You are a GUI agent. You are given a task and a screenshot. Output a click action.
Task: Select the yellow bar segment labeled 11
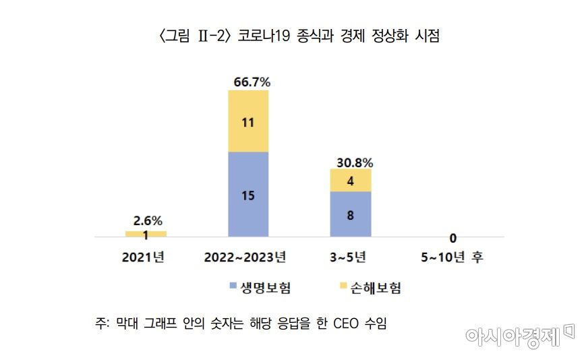[x=248, y=121]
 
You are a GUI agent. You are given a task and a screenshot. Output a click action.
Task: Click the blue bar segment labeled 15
[x=248, y=194]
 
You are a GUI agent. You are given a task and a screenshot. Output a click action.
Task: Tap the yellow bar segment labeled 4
[x=351, y=181]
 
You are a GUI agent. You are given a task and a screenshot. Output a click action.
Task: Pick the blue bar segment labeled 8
[x=351, y=214]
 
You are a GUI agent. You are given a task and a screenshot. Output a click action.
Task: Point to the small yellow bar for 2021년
[x=146, y=234]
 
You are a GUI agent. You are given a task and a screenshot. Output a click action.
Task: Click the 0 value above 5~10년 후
[x=453, y=237]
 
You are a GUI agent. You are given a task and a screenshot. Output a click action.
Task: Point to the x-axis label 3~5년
[x=350, y=257]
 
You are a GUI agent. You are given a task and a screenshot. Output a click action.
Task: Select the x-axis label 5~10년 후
[x=453, y=257]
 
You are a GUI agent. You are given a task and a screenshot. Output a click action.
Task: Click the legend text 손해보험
[x=375, y=288]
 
